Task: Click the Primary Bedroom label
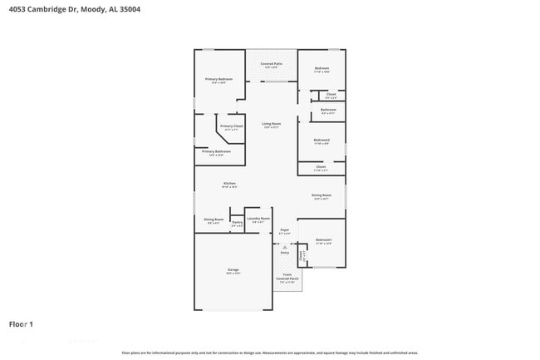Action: click(x=220, y=79)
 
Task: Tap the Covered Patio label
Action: click(x=271, y=64)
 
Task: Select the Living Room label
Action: click(x=271, y=124)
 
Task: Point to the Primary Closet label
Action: click(x=231, y=126)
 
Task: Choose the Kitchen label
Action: click(x=229, y=183)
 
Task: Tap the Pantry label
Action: click(x=237, y=222)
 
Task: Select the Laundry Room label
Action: click(x=258, y=219)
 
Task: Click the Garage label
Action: click(x=233, y=270)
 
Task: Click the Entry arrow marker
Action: click(x=284, y=247)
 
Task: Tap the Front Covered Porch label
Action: click(x=287, y=276)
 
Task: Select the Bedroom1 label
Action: click(x=323, y=240)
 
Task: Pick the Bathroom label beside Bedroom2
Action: click(x=328, y=111)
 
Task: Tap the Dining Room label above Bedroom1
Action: click(x=322, y=195)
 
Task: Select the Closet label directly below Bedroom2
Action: click(x=321, y=167)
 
